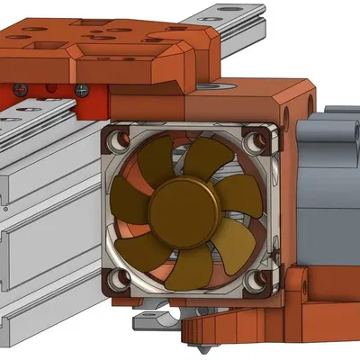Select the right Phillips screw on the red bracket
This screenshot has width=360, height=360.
[x=83, y=89]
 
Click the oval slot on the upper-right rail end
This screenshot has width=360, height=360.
[x=221, y=13]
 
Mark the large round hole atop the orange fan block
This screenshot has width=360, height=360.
[x=207, y=86]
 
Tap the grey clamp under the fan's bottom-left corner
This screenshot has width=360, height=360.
[x=148, y=319]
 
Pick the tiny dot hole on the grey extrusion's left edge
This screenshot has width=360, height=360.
[x=4, y=208]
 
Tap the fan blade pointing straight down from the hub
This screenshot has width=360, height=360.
[x=189, y=267]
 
